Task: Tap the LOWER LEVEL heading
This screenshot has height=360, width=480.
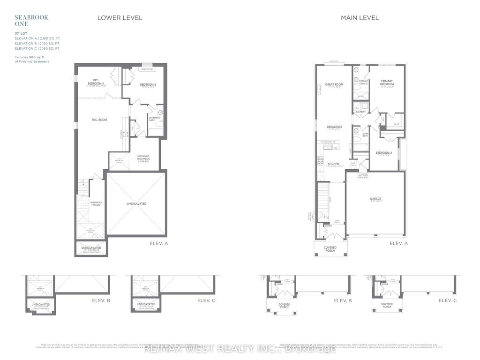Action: click(x=120, y=18)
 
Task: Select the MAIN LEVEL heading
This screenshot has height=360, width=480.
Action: click(x=360, y=18)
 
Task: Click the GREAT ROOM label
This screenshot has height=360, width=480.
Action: click(x=334, y=85)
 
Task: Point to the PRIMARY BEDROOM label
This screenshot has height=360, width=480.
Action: click(x=387, y=82)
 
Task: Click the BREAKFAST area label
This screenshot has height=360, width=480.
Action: click(x=334, y=127)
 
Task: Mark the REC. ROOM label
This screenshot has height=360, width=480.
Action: click(x=99, y=120)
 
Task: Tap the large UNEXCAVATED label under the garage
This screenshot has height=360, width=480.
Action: click(x=136, y=204)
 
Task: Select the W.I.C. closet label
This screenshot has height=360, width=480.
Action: click(x=397, y=124)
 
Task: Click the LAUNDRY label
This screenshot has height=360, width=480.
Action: click(x=361, y=112)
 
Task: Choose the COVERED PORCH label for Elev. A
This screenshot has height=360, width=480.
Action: click(x=330, y=250)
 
